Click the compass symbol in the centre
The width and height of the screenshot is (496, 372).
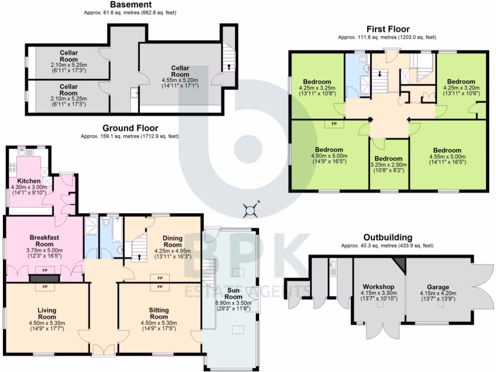point(250,210)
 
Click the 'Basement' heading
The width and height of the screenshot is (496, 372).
point(128,5)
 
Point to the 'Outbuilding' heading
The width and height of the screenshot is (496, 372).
point(387,237)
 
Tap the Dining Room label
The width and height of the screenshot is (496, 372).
point(172,242)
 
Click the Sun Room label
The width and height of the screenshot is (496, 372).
point(233,293)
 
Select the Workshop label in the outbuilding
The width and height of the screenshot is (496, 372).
point(378,287)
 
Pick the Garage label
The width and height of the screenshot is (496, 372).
point(438,287)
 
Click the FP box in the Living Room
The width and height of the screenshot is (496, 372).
point(45,287)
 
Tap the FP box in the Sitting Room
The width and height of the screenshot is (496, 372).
point(159,287)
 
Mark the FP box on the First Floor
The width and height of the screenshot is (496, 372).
point(334,124)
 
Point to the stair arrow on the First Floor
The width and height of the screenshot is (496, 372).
point(380,74)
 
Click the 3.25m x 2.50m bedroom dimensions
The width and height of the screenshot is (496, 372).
point(388,165)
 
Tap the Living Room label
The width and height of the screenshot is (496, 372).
point(47,313)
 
